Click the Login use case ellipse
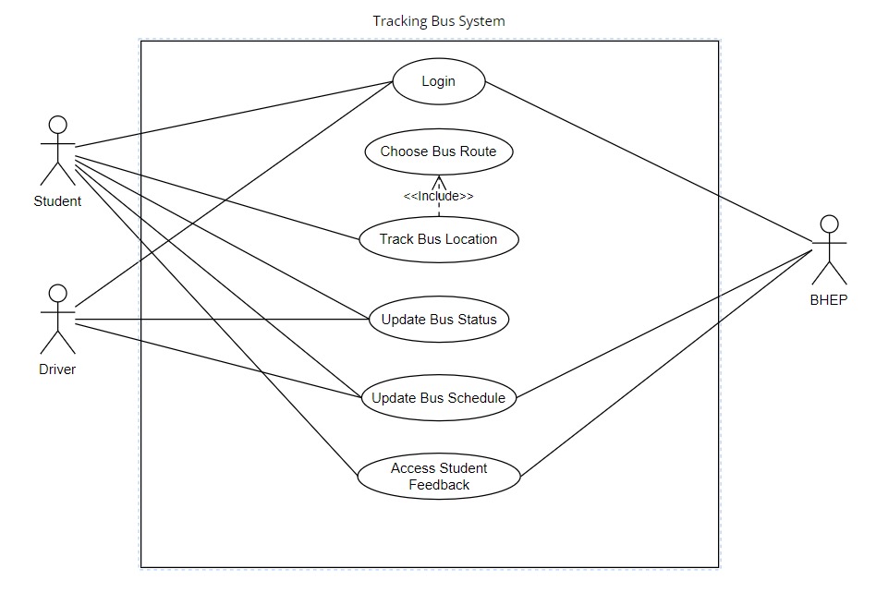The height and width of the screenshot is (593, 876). (438, 81)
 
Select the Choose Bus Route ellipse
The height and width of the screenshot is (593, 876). (438, 152)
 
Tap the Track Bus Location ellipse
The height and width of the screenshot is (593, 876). (438, 239)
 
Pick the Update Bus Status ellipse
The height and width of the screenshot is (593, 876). (438, 321)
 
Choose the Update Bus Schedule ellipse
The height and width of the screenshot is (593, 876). (438, 399)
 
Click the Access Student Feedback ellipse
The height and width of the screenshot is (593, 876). (438, 476)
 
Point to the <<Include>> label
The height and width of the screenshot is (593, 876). (438, 196)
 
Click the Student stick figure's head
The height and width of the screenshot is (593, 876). (58, 125)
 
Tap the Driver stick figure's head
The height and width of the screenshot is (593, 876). (58, 293)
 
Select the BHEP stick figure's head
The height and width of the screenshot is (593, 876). (829, 224)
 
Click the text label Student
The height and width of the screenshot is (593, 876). (57, 201)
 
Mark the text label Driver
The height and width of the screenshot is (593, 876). (57, 369)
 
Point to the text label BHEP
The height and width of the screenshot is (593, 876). (829, 300)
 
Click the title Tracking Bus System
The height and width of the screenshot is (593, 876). (438, 20)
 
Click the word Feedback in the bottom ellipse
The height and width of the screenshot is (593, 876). (439, 485)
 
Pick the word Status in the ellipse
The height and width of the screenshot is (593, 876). (477, 321)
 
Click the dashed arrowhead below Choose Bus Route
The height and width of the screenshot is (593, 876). (439, 179)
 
